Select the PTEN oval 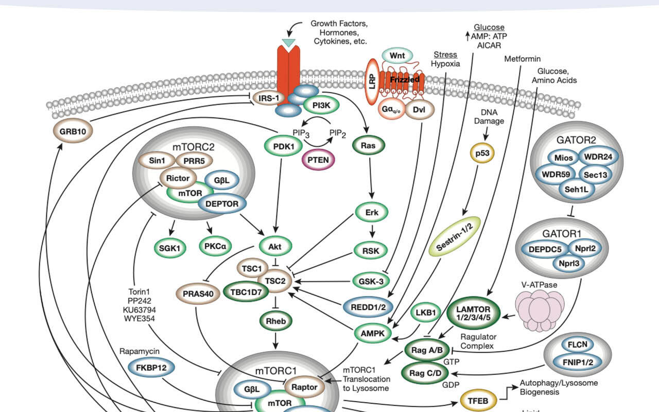[x=318, y=160]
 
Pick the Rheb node [x=275, y=321]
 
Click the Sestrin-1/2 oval [x=454, y=236]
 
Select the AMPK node [x=373, y=334]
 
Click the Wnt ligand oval [x=397, y=55]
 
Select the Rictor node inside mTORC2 [x=177, y=179]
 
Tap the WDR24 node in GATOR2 [x=597, y=157]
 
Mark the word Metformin [x=522, y=59]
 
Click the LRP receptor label [x=372, y=82]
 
